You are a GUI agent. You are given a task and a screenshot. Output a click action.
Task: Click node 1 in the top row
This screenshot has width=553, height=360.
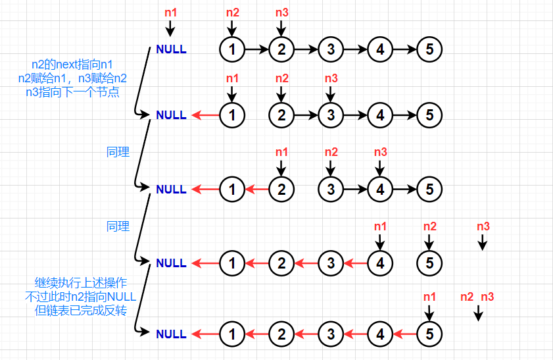[x=231, y=49]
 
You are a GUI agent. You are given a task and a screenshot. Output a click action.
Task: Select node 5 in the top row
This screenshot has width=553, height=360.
[x=429, y=49]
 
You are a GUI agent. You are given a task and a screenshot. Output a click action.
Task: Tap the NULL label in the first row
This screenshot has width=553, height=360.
[x=171, y=49]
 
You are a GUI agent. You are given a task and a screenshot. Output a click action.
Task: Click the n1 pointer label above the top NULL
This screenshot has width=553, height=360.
[x=171, y=12]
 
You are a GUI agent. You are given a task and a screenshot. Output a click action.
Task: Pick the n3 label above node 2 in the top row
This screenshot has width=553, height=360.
[x=281, y=12]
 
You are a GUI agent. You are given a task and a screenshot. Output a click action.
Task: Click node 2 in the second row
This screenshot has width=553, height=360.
[x=281, y=115]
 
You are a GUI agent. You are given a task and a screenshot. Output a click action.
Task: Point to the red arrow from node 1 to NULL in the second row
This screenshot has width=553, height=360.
[x=204, y=115]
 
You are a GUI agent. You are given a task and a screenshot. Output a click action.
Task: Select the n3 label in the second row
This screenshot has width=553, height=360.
[x=331, y=78]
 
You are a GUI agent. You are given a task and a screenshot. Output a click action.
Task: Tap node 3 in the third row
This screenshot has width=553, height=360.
[x=331, y=189]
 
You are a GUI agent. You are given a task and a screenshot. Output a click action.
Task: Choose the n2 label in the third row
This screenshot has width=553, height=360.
[x=331, y=152]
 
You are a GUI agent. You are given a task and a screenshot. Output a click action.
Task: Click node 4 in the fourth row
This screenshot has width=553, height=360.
[x=380, y=263]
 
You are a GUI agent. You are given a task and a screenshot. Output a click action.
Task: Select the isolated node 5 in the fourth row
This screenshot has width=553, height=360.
[x=429, y=263]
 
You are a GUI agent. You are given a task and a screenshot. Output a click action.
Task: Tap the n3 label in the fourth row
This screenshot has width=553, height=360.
[x=483, y=226]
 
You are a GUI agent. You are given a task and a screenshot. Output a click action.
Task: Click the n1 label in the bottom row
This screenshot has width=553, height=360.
[x=429, y=297]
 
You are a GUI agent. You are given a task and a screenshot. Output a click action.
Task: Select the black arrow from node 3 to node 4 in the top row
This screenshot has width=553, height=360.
[x=355, y=49]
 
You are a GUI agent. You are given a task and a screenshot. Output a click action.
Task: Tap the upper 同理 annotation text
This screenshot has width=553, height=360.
[x=118, y=152]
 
